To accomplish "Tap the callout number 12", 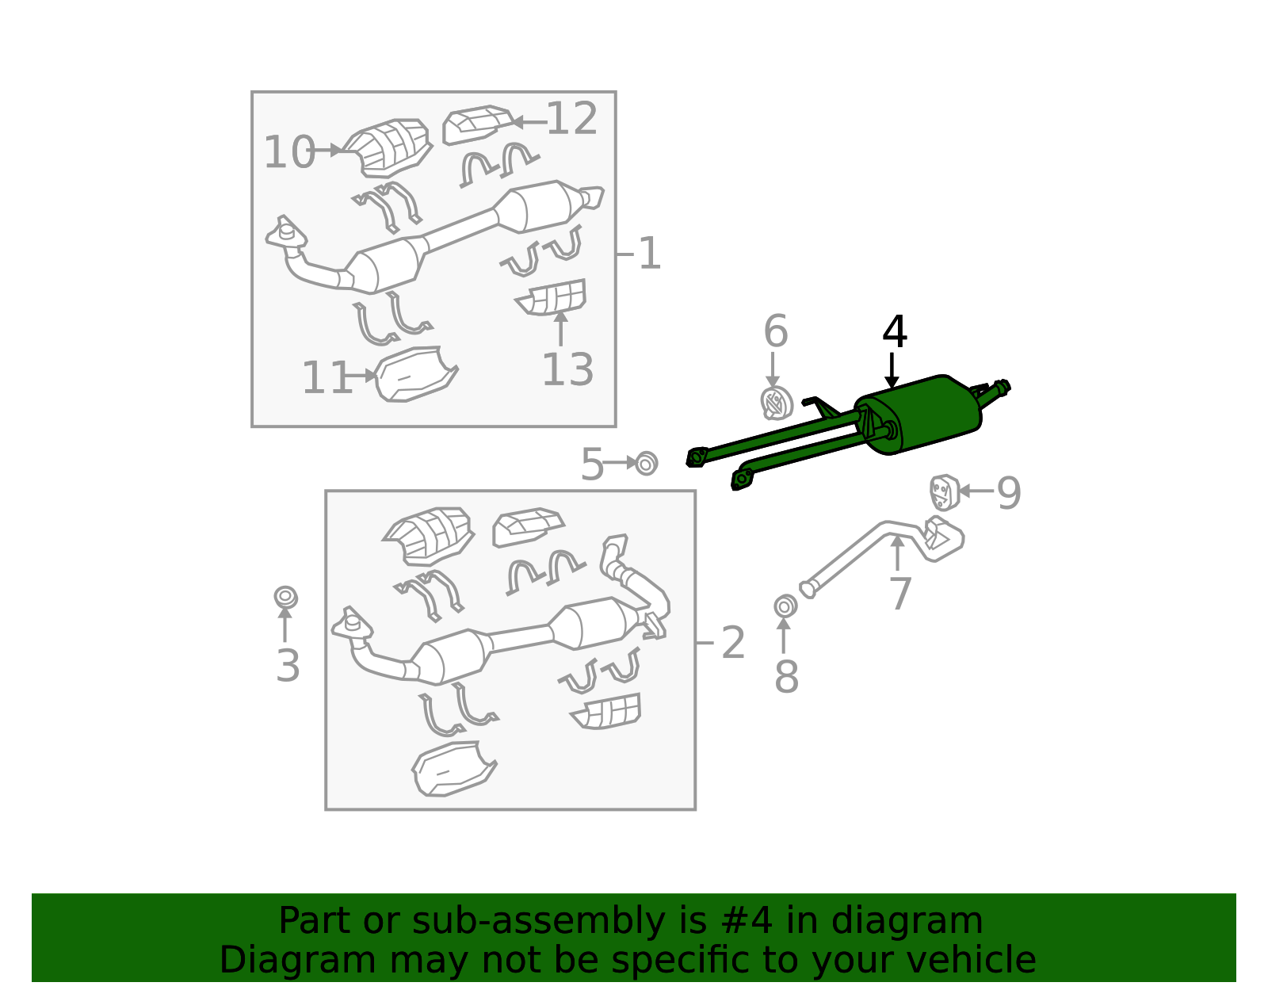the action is coord(572,118).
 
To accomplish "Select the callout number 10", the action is coord(289,152).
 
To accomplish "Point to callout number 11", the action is coord(327,377).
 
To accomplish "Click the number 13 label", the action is coord(567,369).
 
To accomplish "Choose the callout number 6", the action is coord(776,331).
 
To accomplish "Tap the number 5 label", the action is coord(592,464).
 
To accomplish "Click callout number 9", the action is coord(1009,493).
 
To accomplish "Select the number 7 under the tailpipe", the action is coord(899,594).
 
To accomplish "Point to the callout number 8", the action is coord(786,678).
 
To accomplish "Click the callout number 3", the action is coord(288,666).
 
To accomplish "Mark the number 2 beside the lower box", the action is coord(733,643).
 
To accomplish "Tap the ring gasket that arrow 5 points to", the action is coord(646,464).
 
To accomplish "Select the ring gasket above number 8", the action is coord(785,606).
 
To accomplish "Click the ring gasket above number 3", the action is coord(286,597).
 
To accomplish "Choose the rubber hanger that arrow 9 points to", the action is coord(944,491).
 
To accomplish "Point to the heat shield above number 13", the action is coord(551,297).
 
